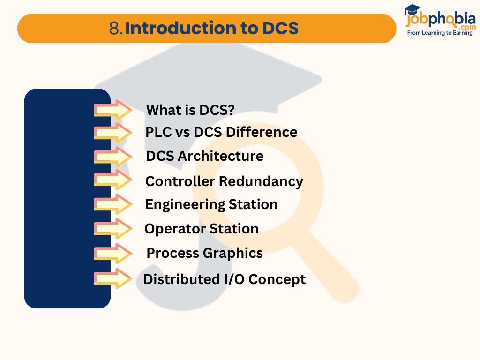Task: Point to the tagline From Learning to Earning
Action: [440, 33]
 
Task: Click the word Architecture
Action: [220, 156]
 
